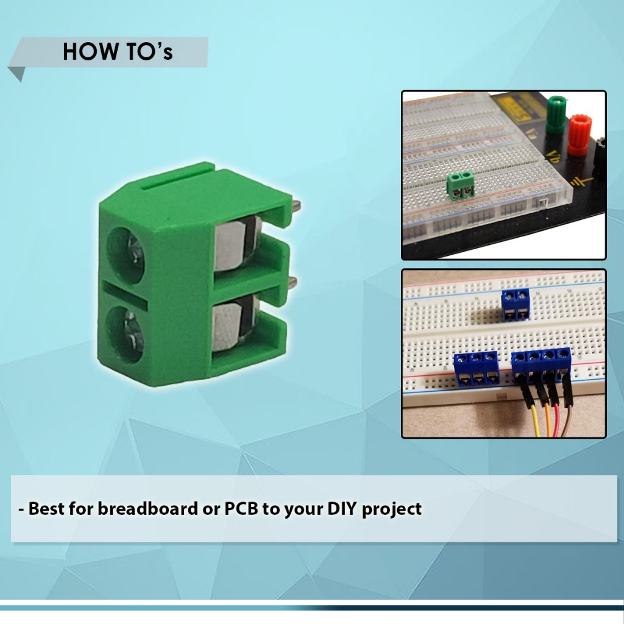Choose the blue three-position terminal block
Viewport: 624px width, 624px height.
477,369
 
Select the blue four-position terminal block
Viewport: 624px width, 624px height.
542,364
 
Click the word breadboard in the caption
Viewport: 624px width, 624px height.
147,509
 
